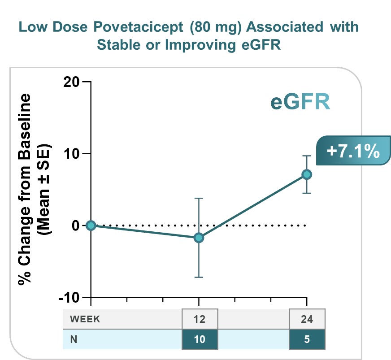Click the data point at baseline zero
pyautogui.click(x=91, y=225)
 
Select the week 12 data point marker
pyautogui.click(x=199, y=238)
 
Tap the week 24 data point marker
pyautogui.click(x=307, y=174)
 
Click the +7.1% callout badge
pyautogui.click(x=353, y=151)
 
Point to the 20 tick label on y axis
pyautogui.click(x=71, y=82)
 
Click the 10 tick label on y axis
pyautogui.click(x=71, y=154)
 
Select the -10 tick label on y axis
pyautogui.click(x=69, y=297)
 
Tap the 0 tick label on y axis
pyautogui.click(x=75, y=226)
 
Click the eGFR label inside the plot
pyautogui.click(x=300, y=102)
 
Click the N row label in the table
pyautogui.click(x=73, y=339)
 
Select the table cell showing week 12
pyautogui.click(x=200, y=319)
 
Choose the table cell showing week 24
pyautogui.click(x=307, y=319)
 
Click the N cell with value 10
pyautogui.click(x=200, y=339)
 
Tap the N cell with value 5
pyautogui.click(x=307, y=339)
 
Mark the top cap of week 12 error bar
pyautogui.click(x=199, y=198)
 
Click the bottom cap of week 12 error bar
pyautogui.click(x=199, y=277)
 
